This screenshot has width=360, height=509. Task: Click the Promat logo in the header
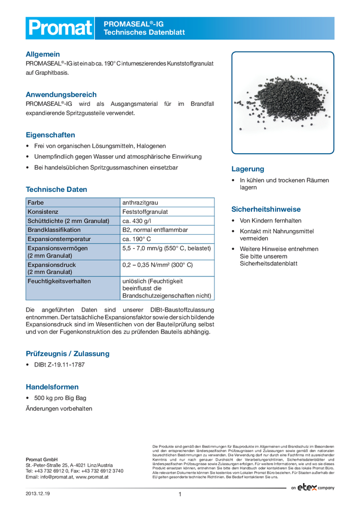click(x=60, y=28)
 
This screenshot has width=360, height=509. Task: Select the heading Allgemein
click(x=43, y=54)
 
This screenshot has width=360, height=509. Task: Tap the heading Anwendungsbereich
click(x=61, y=95)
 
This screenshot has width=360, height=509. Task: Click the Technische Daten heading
click(x=56, y=189)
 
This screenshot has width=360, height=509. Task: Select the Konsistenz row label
click(x=43, y=211)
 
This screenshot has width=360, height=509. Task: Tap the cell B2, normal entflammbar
click(x=155, y=230)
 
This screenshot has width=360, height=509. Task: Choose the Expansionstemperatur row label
click(x=59, y=239)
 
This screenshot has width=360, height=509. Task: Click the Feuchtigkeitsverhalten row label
click(x=59, y=280)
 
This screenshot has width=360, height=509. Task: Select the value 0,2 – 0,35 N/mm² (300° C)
click(x=157, y=265)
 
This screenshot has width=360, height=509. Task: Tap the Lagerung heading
click(x=248, y=169)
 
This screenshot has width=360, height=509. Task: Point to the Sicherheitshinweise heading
click(x=266, y=209)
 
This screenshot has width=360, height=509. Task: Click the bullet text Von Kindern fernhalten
click(x=270, y=221)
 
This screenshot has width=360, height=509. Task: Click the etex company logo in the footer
click(x=313, y=488)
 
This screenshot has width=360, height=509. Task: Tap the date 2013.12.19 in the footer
click(x=38, y=494)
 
